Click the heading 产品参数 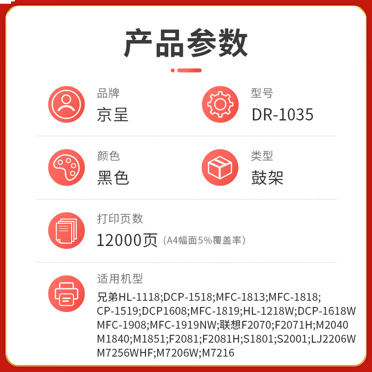point(186,43)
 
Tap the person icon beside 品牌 point(66,104)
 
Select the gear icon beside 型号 point(220,104)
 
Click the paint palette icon point(66,167)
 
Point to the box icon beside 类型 point(220,167)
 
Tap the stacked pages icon point(66,231)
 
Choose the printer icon point(66,294)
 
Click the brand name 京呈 point(113,114)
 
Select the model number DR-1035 point(283,114)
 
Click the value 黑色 point(113,178)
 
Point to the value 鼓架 point(267,178)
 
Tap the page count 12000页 point(127,240)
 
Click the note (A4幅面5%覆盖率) point(204,240)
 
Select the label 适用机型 point(120,279)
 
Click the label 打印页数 point(120,219)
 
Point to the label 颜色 point(108,156)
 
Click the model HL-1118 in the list point(139,297)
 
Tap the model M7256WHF point(125,353)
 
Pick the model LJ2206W point(333,339)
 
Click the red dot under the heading point(173,70)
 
